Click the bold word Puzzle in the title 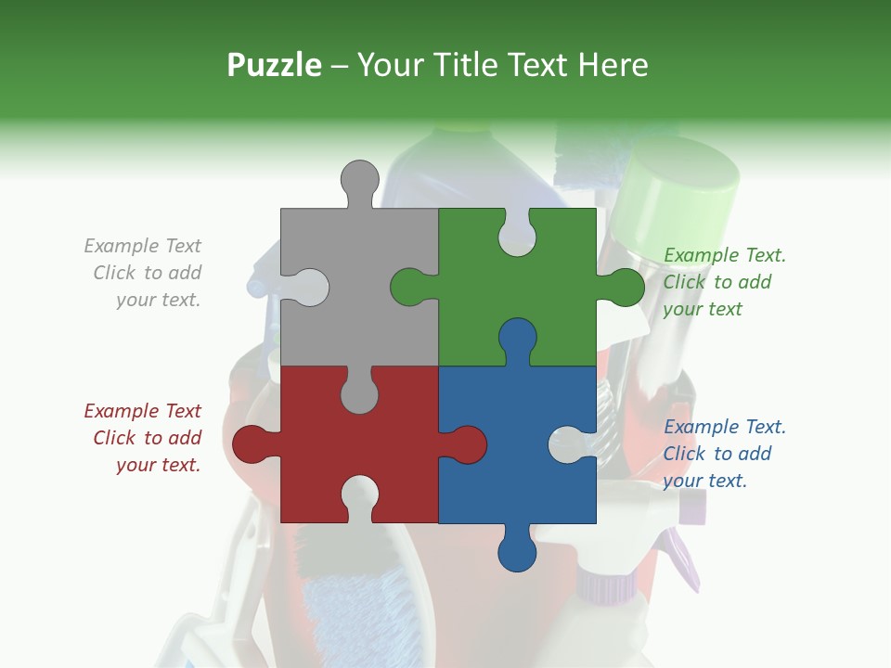tap(275, 65)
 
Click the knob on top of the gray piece tap(359, 180)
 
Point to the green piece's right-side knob tap(623, 287)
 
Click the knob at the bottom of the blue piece tap(517, 549)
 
